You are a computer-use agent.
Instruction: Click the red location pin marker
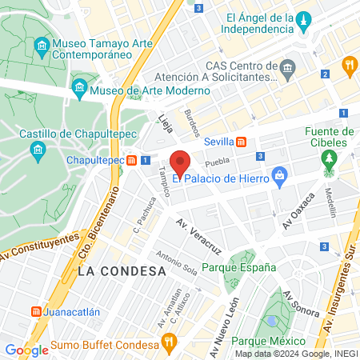pos(181,164)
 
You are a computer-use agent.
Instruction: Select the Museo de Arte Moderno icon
pos(79,88)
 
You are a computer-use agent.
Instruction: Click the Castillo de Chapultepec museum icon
pos(37,150)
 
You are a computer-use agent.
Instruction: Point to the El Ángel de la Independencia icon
pos(303,18)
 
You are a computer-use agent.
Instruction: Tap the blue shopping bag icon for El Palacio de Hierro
pos(278,174)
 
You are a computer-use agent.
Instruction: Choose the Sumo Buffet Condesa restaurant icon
pos(168,346)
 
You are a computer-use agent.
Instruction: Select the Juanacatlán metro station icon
pos(36,311)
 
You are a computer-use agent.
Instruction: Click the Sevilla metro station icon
pos(239,142)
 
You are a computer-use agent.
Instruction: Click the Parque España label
pos(243,267)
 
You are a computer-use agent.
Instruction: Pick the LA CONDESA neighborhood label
pos(122,271)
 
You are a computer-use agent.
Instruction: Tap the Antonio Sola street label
pos(177,266)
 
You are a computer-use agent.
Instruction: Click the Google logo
pos(26,350)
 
